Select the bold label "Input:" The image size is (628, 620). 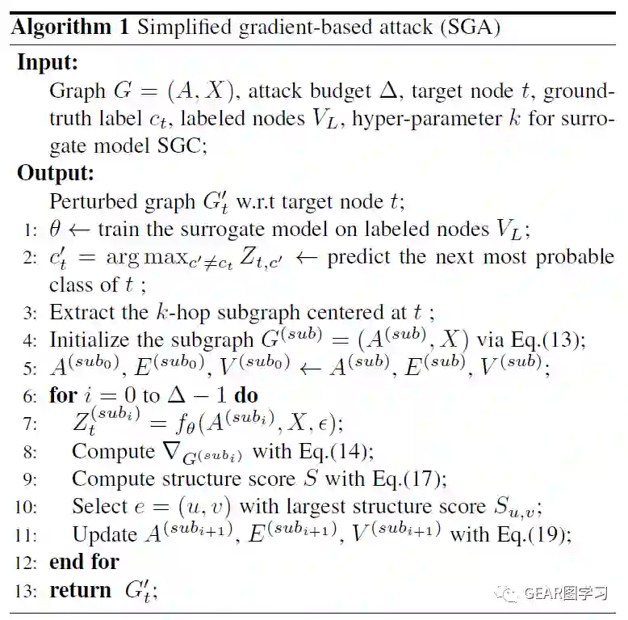point(48,62)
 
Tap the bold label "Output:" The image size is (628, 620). point(56,173)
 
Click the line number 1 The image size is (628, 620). point(30,230)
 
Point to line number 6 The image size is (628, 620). point(30,395)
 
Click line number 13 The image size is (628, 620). point(26,591)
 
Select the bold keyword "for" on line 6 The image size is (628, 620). point(63,395)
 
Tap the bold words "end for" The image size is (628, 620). point(84,562)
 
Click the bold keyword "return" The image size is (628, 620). point(80,591)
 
